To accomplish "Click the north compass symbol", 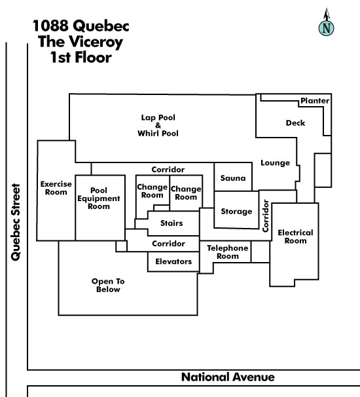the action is tap(327, 22).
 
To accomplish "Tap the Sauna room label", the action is tap(233, 178).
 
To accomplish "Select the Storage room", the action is tap(236, 210).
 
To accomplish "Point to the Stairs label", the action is tap(171, 223).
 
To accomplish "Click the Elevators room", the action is tap(173, 261).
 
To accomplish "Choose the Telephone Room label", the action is tap(227, 252).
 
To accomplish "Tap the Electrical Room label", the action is tap(295, 236).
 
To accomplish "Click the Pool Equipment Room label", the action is tap(99, 198).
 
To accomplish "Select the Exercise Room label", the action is tap(56, 188).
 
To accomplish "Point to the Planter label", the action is tap(315, 101).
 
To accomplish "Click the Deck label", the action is tap(295, 123).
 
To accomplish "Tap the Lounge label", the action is tap(276, 163).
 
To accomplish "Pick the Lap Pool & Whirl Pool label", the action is tap(158, 125).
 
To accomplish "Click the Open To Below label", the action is tap(108, 285).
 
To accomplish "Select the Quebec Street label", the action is tap(16, 222).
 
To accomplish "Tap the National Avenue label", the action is tap(228, 377).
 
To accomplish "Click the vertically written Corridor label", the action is tap(265, 216).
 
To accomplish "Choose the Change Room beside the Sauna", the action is tap(186, 193).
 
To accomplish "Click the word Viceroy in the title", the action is tap(92, 43).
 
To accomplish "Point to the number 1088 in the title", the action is tap(50, 26).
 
